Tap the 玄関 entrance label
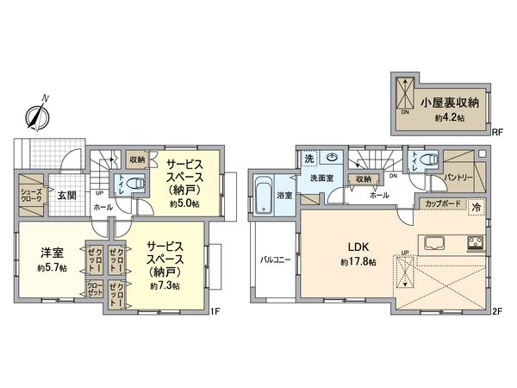coord(66,194)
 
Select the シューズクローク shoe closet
coord(30,194)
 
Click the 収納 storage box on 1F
coord(137,159)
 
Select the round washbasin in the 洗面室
coord(333,158)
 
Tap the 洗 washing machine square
coord(308,159)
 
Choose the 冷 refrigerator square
coord(475,207)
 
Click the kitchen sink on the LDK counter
coord(433,240)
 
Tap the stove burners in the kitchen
coord(474,240)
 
